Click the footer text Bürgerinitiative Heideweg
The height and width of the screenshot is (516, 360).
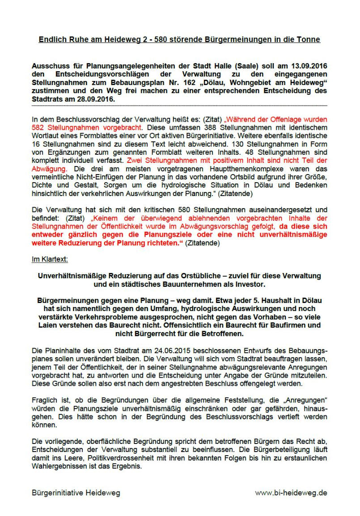pos(76,493)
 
